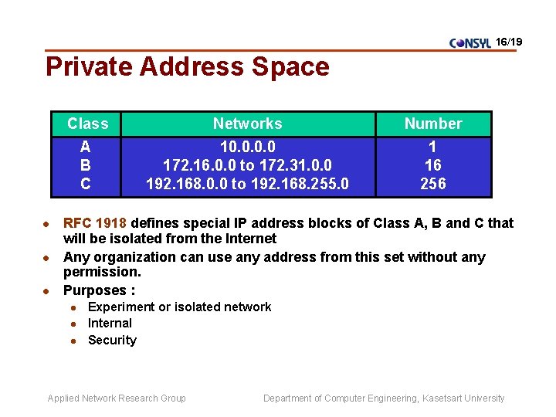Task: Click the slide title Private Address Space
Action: click(188, 67)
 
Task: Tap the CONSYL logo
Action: click(470, 43)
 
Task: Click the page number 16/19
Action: click(510, 40)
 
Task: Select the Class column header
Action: click(87, 124)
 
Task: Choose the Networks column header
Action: click(247, 124)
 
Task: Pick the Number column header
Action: click(433, 124)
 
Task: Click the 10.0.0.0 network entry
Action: click(247, 147)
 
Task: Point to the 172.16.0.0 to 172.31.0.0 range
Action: click(247, 165)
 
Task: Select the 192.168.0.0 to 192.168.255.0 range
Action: click(247, 184)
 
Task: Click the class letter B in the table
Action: click(86, 165)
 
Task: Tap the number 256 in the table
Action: click(433, 184)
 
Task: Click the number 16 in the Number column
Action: click(433, 165)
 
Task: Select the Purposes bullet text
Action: click(99, 290)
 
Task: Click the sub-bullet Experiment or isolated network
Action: click(179, 307)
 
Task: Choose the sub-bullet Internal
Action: click(110, 324)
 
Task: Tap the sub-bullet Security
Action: click(112, 341)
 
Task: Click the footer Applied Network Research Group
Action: click(117, 398)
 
